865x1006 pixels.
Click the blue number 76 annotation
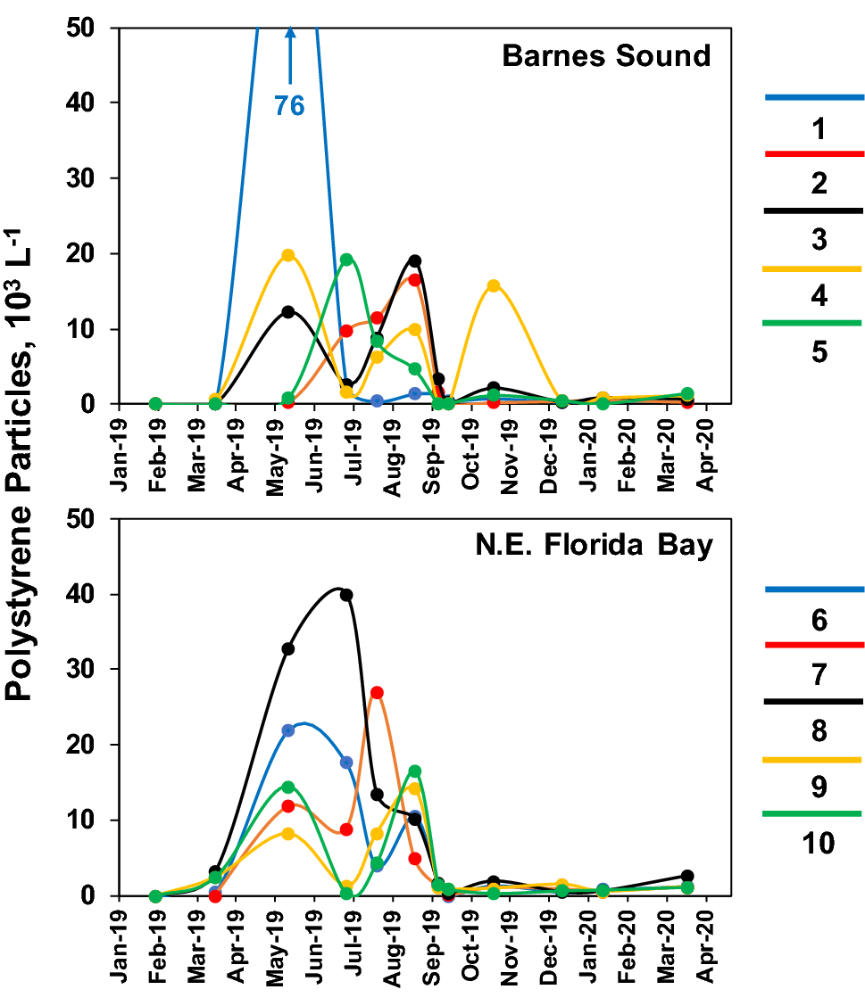click(289, 106)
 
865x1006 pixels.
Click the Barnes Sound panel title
click(606, 56)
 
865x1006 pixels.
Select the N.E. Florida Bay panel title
click(593, 546)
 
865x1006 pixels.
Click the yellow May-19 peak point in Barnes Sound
click(288, 255)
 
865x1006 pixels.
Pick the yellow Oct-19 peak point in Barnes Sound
click(493, 285)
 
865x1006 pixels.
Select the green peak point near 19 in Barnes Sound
click(346, 260)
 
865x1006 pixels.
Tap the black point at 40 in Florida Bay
click(346, 595)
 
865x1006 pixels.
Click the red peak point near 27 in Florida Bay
click(377, 692)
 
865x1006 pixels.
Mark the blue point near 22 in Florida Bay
click(288, 730)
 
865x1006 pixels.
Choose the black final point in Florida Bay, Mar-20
click(686, 876)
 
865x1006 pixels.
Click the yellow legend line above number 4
click(814, 268)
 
